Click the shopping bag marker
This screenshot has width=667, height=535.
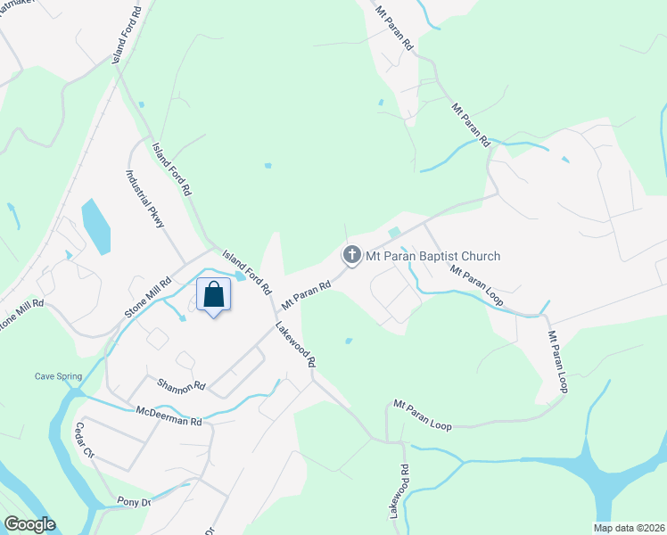click(214, 294)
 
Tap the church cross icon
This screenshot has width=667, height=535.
click(352, 256)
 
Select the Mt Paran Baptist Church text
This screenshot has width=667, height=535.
click(432, 257)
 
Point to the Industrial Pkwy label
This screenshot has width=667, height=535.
click(145, 200)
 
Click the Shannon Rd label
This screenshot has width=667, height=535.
click(181, 386)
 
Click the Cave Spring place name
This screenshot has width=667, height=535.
click(58, 376)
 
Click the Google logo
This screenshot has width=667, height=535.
click(29, 524)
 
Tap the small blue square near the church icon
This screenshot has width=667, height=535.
click(393, 232)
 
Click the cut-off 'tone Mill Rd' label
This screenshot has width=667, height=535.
click(21, 317)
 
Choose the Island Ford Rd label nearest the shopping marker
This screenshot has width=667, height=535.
click(247, 272)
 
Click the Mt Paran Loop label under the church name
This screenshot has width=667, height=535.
click(477, 286)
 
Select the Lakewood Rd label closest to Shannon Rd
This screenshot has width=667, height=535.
click(295, 346)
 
